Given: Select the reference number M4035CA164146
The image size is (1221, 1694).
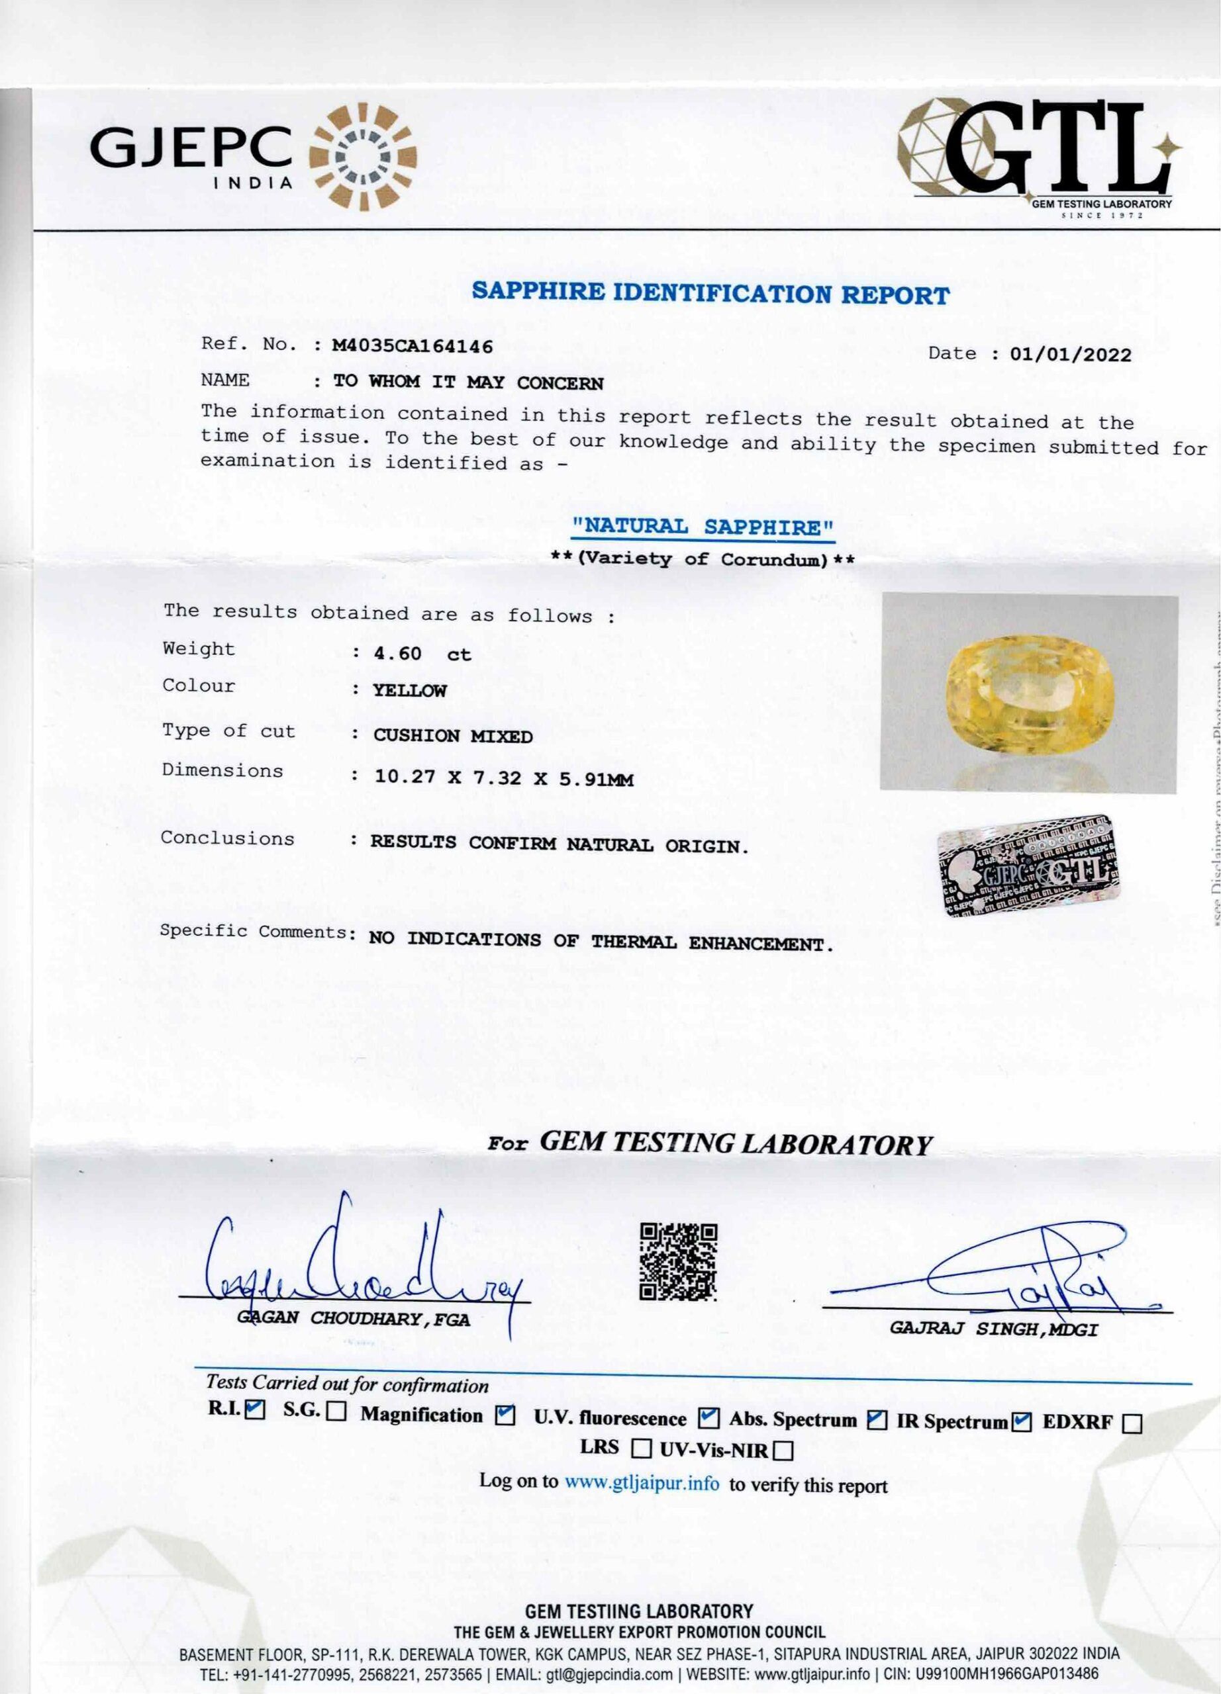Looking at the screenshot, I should pos(412,347).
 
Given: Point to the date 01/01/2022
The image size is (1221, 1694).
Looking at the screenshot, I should pos(1070,355).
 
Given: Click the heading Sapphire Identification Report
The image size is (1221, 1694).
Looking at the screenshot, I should pos(710,292).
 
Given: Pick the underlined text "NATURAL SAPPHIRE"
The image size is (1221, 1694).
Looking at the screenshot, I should pos(703,527).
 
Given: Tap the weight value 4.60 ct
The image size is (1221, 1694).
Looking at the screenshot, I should pos(422,654).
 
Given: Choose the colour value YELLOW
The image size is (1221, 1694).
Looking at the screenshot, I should pos(409,691).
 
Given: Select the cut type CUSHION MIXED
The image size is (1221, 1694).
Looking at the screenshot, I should pos(453,736).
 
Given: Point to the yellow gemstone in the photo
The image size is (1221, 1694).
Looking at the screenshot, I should pos(1030,692).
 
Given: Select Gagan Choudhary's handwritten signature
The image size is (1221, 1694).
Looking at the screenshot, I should pos(359,1263).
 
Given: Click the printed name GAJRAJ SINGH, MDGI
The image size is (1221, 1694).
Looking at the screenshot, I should pos(993,1329).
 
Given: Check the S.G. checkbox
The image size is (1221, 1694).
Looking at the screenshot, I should pos(336,1411).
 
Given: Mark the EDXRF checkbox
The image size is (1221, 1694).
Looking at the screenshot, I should pos(1132,1423).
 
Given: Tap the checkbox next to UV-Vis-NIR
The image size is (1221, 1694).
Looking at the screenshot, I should pos(783,1451).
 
